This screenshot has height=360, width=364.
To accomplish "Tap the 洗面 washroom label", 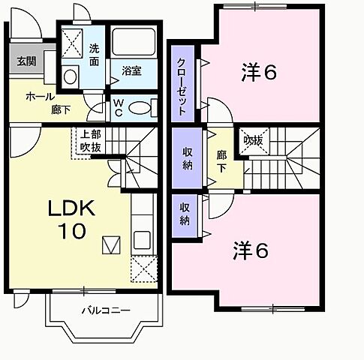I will tap(95, 54).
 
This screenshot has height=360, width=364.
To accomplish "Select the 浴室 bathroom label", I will tap(131, 71).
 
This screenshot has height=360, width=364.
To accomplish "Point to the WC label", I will tap(119, 108).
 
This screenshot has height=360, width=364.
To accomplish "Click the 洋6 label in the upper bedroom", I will tap(259, 73).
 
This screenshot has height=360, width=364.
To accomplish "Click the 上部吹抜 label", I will tap(89, 141).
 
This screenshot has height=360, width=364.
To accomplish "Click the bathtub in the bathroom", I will tap(133, 43).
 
